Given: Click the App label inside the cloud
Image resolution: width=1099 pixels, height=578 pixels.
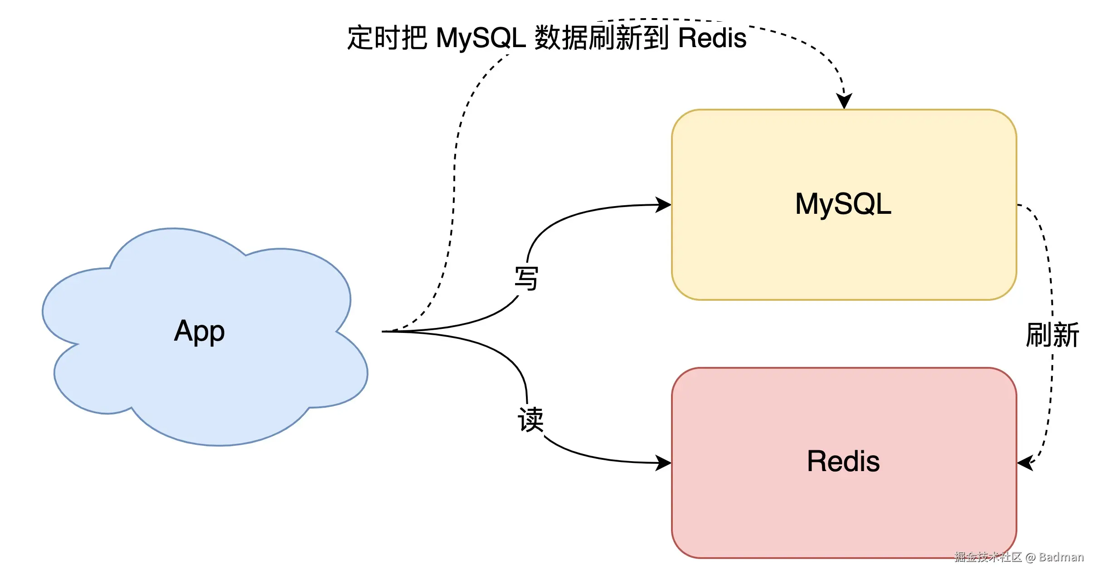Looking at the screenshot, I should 199,331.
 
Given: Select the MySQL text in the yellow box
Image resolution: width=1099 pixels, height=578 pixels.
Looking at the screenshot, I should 843,204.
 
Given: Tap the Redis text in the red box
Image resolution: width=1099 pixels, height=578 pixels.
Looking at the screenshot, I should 843,462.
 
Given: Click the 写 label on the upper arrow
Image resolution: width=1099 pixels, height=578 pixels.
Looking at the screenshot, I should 526,279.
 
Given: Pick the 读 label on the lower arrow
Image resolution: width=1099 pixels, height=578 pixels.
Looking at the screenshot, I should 530,419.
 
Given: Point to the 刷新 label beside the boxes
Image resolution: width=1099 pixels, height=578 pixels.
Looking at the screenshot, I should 1052,335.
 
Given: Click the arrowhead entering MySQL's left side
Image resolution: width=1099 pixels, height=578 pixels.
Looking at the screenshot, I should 664,205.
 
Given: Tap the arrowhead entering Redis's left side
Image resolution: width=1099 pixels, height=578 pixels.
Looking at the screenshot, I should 664,463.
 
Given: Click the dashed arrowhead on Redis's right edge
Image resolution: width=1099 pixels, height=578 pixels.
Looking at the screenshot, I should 1025,463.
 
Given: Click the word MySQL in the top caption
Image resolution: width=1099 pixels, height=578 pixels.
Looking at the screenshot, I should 481,38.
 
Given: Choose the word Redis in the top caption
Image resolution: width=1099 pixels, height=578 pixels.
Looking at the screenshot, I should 712,38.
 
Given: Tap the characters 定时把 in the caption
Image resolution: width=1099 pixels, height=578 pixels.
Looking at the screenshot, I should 387,38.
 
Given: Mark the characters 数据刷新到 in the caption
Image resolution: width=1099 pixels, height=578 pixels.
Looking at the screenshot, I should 602,38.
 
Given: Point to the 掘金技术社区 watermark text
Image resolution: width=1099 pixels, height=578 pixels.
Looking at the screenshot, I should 988,557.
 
